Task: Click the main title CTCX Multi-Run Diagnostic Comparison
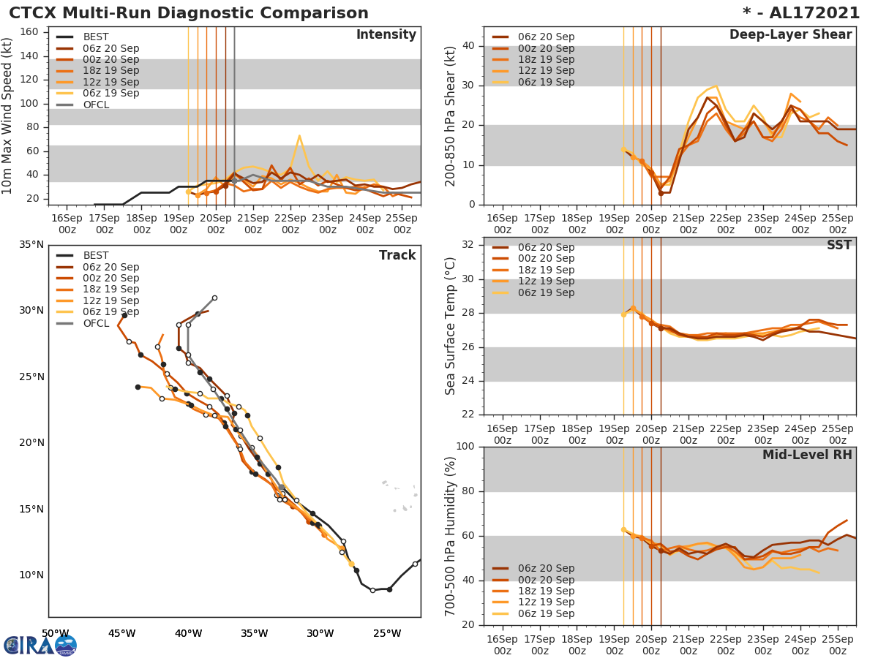click(188, 13)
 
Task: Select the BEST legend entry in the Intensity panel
click(95, 37)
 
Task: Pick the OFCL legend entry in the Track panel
click(95, 323)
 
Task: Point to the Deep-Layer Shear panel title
click(790, 35)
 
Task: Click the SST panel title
click(838, 246)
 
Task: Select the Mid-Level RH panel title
click(807, 455)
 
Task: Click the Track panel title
click(397, 255)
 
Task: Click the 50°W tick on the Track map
click(55, 633)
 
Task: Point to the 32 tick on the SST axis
click(466, 245)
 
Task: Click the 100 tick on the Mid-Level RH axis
click(463, 447)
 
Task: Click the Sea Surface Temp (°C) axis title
click(451, 326)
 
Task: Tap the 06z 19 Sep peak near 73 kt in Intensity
click(299, 136)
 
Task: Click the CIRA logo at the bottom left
click(40, 645)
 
